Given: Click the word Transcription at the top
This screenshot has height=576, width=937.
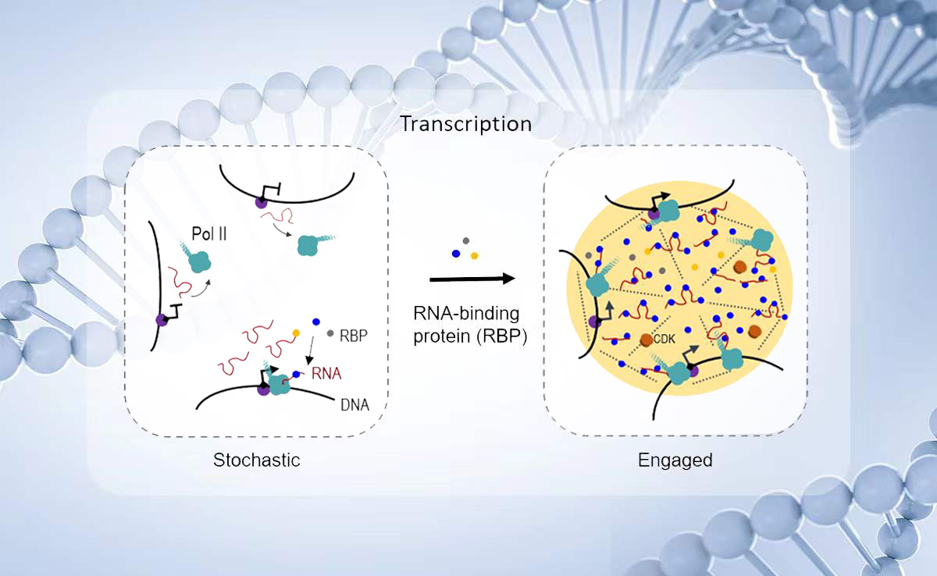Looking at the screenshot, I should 465,124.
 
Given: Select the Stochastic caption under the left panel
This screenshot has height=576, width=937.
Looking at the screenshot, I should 256,460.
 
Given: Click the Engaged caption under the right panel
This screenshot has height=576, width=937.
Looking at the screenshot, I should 675,460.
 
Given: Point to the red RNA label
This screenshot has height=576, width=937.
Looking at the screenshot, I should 326,373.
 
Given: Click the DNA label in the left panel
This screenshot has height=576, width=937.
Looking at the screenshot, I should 354,404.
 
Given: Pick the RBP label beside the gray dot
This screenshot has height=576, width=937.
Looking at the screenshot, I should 354,334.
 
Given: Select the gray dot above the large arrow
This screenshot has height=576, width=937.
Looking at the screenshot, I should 466,241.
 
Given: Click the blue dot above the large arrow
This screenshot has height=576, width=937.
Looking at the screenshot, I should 456,254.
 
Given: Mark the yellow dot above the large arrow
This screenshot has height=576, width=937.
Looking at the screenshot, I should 474,256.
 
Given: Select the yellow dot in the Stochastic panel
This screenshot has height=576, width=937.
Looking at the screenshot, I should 296,333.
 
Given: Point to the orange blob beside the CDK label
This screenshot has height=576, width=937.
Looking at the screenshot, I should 646,341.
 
